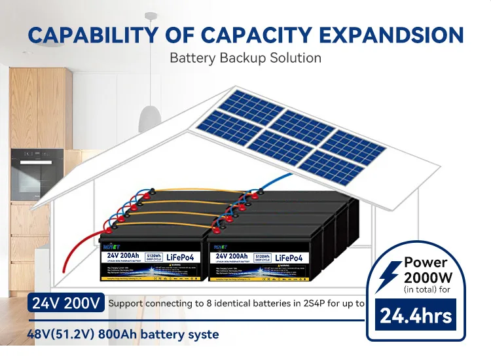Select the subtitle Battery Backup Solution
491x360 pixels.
[x=245, y=58]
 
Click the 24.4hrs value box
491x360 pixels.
[x=417, y=317]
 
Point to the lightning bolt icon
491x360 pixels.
[x=391, y=276]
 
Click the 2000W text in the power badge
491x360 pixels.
[x=433, y=276]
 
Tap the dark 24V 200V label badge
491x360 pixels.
[x=65, y=303]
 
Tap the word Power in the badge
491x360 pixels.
[x=426, y=262]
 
